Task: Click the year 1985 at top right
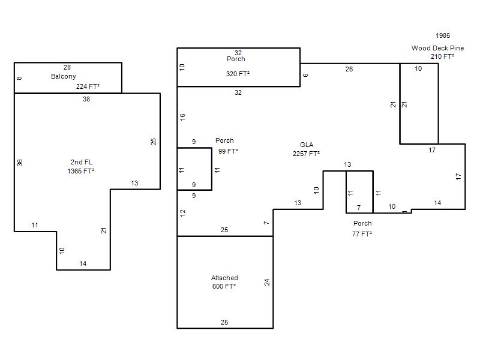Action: pyautogui.click(x=443, y=35)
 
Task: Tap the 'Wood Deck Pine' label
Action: pyautogui.click(x=437, y=48)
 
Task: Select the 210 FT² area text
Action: pyautogui.click(x=442, y=56)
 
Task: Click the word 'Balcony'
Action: pyautogui.click(x=64, y=77)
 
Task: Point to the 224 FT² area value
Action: pyautogui.click(x=88, y=86)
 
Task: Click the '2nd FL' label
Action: pyautogui.click(x=82, y=162)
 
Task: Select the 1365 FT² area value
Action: pyautogui.click(x=81, y=171)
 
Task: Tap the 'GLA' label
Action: pyautogui.click(x=307, y=145)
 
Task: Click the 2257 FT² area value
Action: pyautogui.click(x=306, y=154)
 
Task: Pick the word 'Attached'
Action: pyautogui.click(x=224, y=278)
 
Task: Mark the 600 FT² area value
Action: pyautogui.click(x=224, y=286)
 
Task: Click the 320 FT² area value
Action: pyautogui.click(x=238, y=74)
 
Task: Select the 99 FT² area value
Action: pyautogui.click(x=229, y=151)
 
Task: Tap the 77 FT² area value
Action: pyautogui.click(x=362, y=234)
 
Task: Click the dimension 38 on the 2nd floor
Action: pyautogui.click(x=86, y=99)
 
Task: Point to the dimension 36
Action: pyautogui.click(x=20, y=163)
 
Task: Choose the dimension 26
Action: pyautogui.click(x=349, y=69)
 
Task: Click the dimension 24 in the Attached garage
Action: pyautogui.click(x=267, y=282)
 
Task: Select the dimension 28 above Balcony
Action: pyautogui.click(x=67, y=67)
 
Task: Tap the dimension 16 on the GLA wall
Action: pyautogui.click(x=182, y=117)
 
